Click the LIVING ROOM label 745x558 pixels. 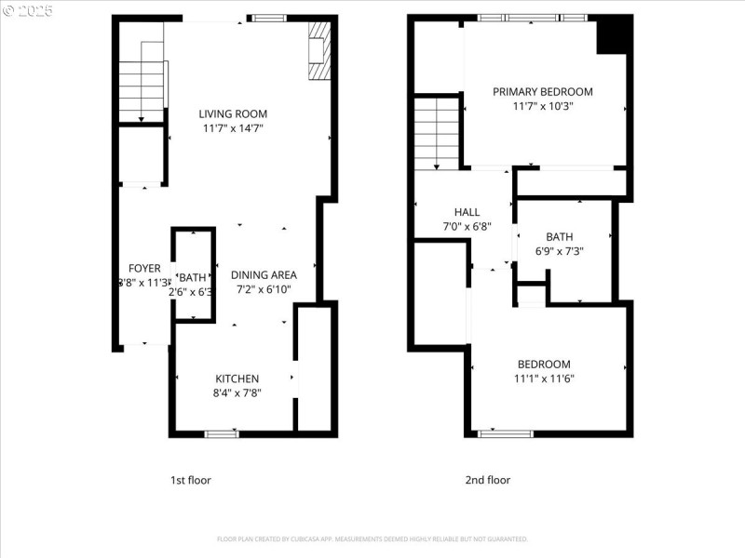click(233, 114)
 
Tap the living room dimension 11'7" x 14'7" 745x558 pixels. click(233, 128)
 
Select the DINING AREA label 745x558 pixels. click(264, 275)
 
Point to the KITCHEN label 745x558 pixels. click(237, 379)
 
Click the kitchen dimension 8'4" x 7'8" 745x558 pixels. click(237, 392)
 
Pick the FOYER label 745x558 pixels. click(144, 269)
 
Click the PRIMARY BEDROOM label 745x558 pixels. click(543, 92)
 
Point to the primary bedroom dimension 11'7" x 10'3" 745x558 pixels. click(543, 106)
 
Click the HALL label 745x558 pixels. click(467, 212)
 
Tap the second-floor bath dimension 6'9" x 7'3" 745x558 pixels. click(560, 251)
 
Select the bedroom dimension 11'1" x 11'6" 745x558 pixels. click(544, 379)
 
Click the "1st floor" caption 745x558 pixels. click(190, 481)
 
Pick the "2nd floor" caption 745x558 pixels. click(488, 481)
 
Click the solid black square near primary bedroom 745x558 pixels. click(614, 36)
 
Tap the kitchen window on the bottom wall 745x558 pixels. click(222, 433)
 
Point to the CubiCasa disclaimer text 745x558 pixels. click(372, 539)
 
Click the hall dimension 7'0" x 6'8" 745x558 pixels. click(467, 226)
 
